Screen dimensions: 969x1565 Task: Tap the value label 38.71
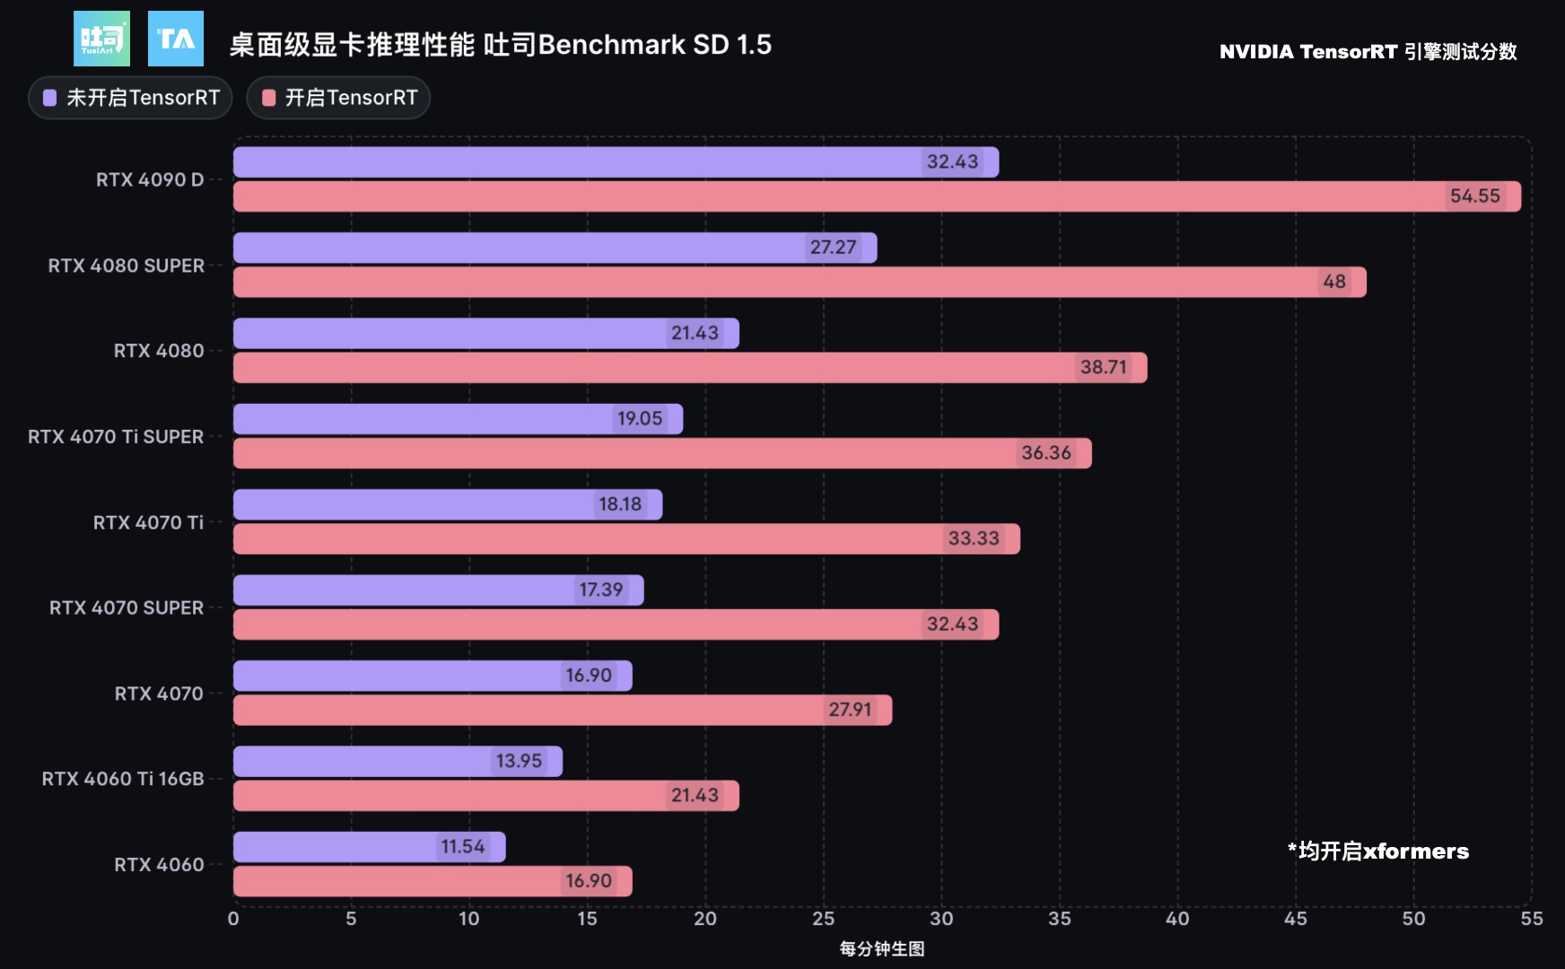click(x=1103, y=367)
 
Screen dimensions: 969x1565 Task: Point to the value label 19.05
click(x=639, y=419)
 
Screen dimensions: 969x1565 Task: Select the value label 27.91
click(x=850, y=710)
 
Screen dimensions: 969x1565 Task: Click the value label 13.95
click(x=519, y=762)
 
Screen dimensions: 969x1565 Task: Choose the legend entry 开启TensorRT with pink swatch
click(x=339, y=98)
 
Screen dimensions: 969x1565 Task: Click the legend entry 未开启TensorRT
click(x=131, y=98)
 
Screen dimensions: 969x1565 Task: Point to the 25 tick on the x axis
click(x=823, y=919)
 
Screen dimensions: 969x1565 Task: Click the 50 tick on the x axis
click(x=1413, y=919)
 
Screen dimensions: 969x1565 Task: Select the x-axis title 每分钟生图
click(x=881, y=949)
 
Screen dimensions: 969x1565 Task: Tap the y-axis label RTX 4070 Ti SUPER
click(x=116, y=437)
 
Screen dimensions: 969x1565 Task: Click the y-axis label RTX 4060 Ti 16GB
click(x=123, y=779)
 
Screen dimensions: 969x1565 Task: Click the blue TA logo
click(x=176, y=39)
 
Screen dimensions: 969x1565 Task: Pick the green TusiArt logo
click(x=101, y=39)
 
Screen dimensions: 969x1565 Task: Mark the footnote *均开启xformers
click(x=1377, y=851)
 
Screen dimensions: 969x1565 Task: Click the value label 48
click(x=1333, y=282)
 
